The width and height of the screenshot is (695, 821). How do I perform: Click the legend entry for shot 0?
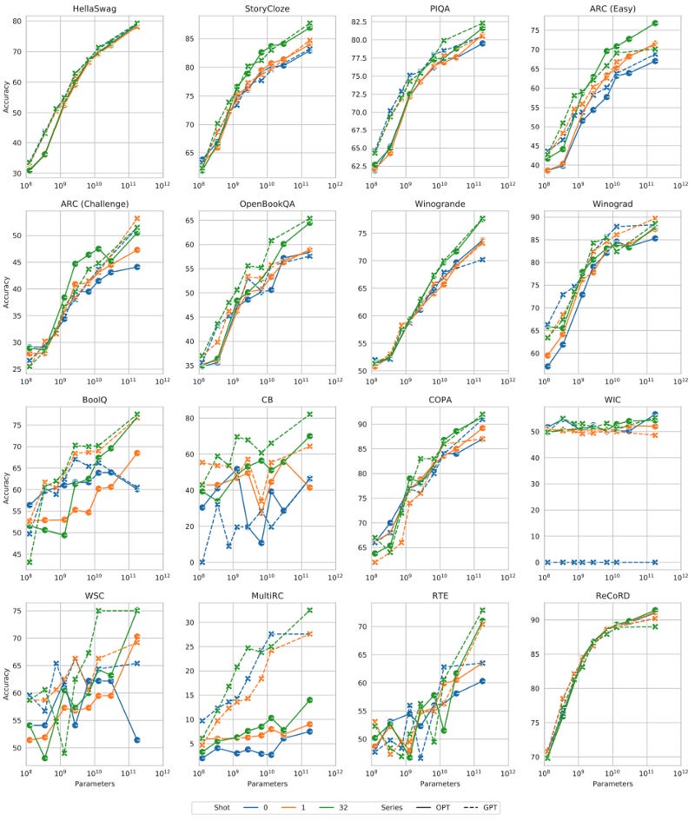coord(257,807)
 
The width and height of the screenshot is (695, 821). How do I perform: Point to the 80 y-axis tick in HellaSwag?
coord(17,20)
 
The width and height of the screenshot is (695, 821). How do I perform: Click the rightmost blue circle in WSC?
coord(137,739)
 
